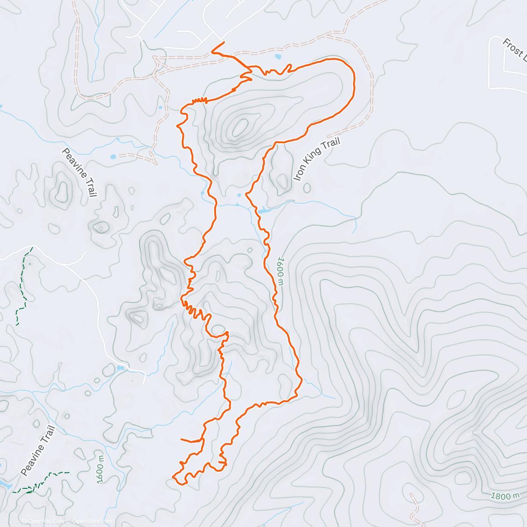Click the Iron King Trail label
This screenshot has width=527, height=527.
317,159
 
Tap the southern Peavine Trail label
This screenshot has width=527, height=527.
38,451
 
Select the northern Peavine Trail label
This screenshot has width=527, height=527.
79,173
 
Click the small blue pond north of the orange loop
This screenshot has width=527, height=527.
278,57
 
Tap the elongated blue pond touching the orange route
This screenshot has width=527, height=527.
265,211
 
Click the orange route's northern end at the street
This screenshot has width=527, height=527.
224,42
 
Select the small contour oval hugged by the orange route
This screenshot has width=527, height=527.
218,329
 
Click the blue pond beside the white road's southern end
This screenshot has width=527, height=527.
120,368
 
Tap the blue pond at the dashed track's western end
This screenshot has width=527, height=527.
113,156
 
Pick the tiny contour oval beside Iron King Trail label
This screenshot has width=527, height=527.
307,188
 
